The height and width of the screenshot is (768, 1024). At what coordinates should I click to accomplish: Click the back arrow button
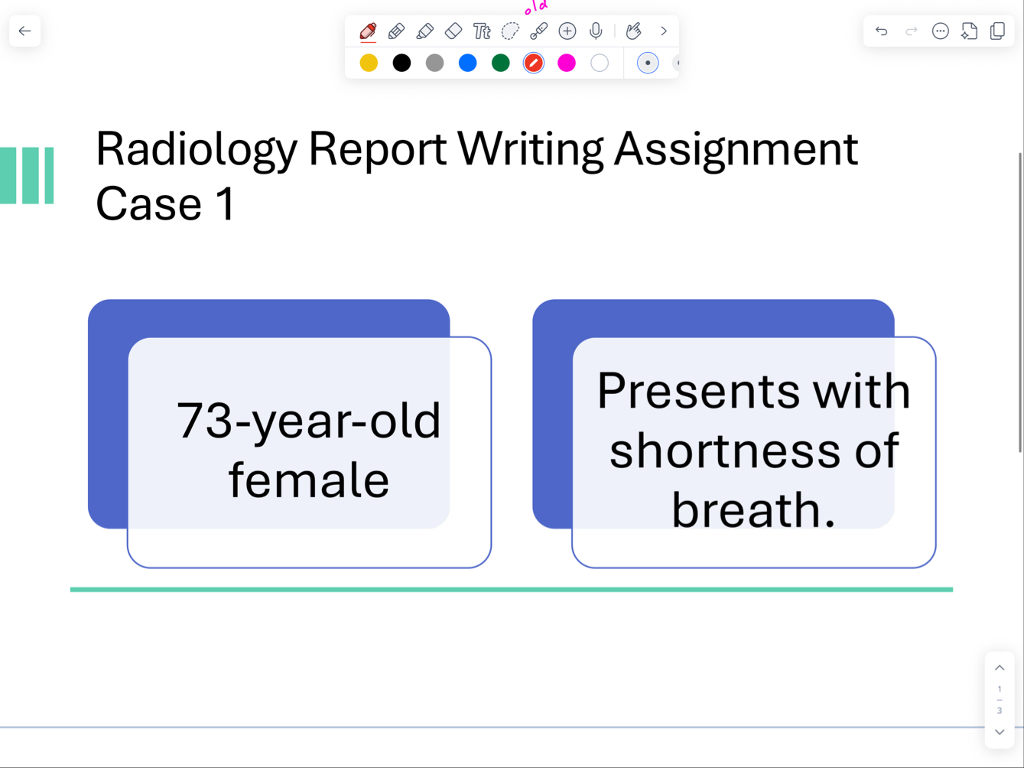(24, 31)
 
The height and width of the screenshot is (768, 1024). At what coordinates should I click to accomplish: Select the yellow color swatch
(369, 63)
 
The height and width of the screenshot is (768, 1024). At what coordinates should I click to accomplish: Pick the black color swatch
(401, 63)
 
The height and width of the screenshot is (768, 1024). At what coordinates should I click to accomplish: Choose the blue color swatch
(467, 63)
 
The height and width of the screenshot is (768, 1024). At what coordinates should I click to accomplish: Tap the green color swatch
(500, 63)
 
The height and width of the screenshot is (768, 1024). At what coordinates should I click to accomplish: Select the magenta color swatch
(566, 63)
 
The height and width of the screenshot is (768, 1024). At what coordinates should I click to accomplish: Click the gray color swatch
(434, 63)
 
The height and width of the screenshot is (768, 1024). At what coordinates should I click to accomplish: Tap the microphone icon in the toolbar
(596, 31)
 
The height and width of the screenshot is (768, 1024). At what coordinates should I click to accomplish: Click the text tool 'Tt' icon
(482, 31)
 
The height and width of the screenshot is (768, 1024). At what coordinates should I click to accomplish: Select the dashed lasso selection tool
(510, 31)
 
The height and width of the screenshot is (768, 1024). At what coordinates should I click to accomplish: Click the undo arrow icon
(882, 31)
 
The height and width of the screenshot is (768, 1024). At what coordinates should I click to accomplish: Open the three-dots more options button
(940, 31)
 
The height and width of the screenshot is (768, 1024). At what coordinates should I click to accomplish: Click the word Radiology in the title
(196, 148)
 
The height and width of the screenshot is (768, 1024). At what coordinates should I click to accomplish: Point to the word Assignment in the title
(736, 148)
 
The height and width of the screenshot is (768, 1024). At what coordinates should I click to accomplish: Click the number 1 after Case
(225, 204)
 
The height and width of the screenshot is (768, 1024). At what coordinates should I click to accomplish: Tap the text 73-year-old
(308, 421)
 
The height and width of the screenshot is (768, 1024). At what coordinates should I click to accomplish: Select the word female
(308, 480)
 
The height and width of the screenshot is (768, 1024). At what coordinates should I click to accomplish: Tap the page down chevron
(1000, 732)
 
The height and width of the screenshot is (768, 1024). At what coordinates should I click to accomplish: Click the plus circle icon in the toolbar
(567, 31)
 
